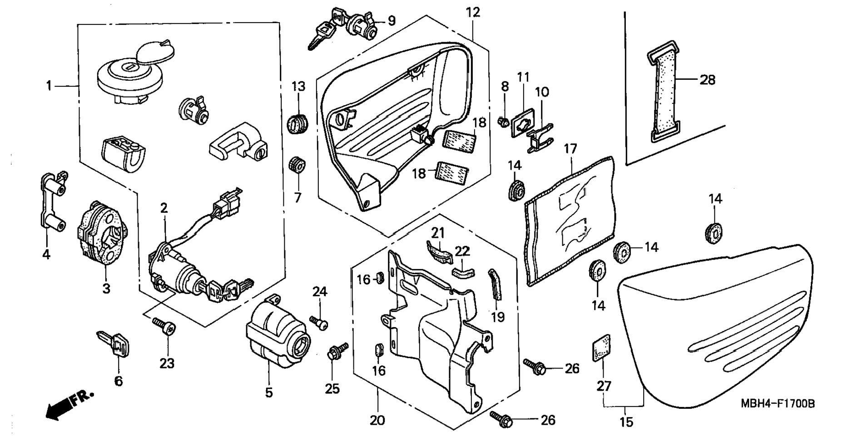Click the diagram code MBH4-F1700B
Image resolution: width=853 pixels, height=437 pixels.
[x=777, y=403]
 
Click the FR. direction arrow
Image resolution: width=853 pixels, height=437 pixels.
[x=68, y=405]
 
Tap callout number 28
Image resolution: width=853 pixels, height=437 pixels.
[x=707, y=80]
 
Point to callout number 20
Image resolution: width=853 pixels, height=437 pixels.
[x=377, y=420]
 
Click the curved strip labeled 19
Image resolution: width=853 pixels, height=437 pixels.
[x=495, y=284]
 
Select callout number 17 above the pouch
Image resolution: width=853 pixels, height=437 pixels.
[x=570, y=148]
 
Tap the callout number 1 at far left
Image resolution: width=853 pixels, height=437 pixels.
[x=49, y=85]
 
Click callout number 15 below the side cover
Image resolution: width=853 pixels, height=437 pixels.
[x=626, y=422]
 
